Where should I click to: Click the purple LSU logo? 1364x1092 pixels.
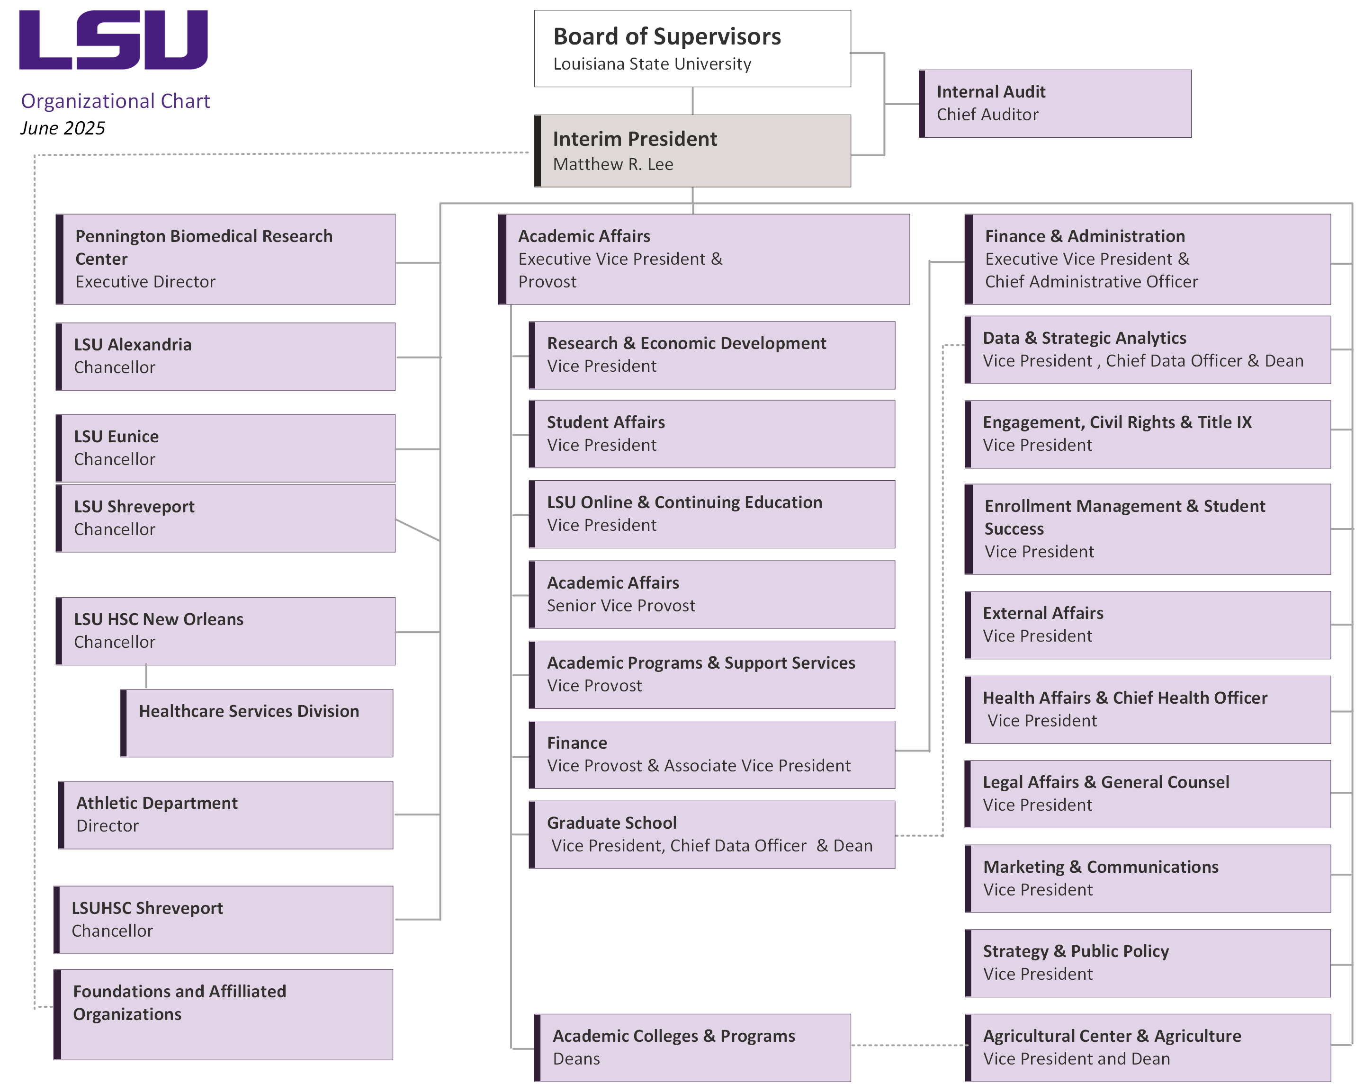tap(113, 39)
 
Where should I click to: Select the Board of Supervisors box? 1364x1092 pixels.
tap(692, 49)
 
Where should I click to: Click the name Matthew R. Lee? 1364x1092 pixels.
tap(612, 164)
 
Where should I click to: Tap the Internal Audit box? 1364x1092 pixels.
tap(1055, 104)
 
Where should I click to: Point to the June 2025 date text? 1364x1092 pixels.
tap(63, 128)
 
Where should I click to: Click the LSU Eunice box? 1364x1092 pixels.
tap(226, 448)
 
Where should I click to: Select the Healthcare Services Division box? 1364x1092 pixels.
tap(257, 723)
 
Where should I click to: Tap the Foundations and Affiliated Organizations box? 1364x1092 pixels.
tap(224, 1014)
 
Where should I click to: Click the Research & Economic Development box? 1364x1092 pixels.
tap(712, 355)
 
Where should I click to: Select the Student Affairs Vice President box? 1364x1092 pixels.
tap(712, 434)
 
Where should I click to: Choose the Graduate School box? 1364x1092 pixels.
tap(712, 834)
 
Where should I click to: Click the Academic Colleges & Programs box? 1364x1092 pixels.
tap(693, 1047)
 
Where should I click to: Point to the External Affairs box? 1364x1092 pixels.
tap(1148, 625)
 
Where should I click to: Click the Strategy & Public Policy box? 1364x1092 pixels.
tap(1148, 963)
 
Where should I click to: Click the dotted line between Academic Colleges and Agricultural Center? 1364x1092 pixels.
tap(908, 1045)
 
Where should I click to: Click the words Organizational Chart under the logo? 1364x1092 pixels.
tap(115, 101)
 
